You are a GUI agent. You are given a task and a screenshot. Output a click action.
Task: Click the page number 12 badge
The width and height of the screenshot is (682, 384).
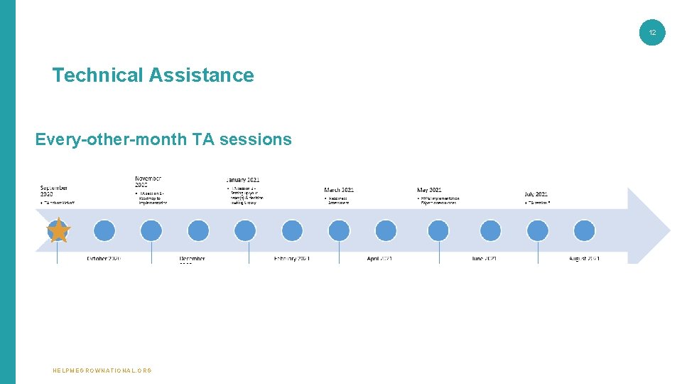[x=652, y=33]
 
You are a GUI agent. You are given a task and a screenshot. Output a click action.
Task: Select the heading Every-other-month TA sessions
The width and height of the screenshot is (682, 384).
[x=163, y=139]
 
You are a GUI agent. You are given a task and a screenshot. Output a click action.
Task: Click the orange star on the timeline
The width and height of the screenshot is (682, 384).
[x=58, y=230]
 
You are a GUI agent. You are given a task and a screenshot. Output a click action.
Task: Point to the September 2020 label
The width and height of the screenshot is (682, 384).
[x=54, y=191]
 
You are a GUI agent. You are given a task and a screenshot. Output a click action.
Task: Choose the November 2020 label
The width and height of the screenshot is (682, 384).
[x=148, y=181]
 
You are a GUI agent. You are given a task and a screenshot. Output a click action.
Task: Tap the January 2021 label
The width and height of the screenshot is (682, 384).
[x=243, y=181]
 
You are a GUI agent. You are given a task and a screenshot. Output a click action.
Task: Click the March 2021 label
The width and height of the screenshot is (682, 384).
[x=339, y=190]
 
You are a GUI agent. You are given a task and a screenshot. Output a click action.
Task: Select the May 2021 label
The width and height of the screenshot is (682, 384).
[x=429, y=190]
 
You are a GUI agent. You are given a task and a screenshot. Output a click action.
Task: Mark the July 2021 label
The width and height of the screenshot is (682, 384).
[x=536, y=194]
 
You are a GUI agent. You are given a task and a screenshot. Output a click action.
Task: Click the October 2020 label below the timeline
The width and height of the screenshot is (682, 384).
[x=104, y=258]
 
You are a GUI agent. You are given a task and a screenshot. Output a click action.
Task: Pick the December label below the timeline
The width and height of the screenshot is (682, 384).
[x=192, y=259]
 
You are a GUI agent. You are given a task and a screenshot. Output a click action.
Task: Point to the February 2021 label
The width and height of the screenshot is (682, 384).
[x=292, y=258]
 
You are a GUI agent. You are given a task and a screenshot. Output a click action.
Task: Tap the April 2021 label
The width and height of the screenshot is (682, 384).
[x=379, y=258]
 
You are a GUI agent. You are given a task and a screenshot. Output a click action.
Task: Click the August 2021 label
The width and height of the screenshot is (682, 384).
[x=584, y=258]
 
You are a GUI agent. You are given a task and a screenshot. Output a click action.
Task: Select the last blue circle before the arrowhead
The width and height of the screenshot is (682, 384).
[x=584, y=230]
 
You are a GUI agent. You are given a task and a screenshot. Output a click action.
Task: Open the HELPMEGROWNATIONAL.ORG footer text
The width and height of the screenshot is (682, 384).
[x=102, y=370]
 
